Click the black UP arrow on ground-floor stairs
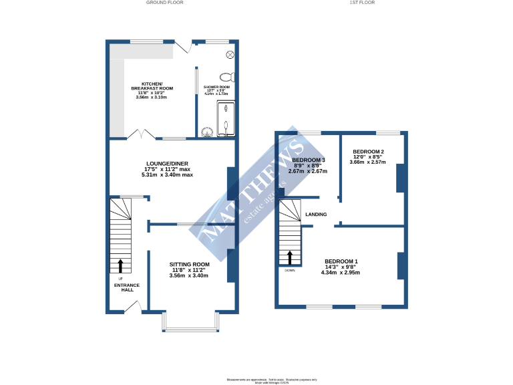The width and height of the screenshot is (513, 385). coord(121,266)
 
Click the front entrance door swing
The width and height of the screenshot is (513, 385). coord(133,307)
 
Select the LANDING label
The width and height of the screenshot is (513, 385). coord(316,215)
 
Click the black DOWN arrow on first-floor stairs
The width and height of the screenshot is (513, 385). coord(290,257)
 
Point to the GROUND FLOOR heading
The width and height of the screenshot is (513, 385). coord(164,3)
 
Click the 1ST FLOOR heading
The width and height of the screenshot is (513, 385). coord(362,3)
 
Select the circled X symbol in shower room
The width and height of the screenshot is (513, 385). coord(230,54)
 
